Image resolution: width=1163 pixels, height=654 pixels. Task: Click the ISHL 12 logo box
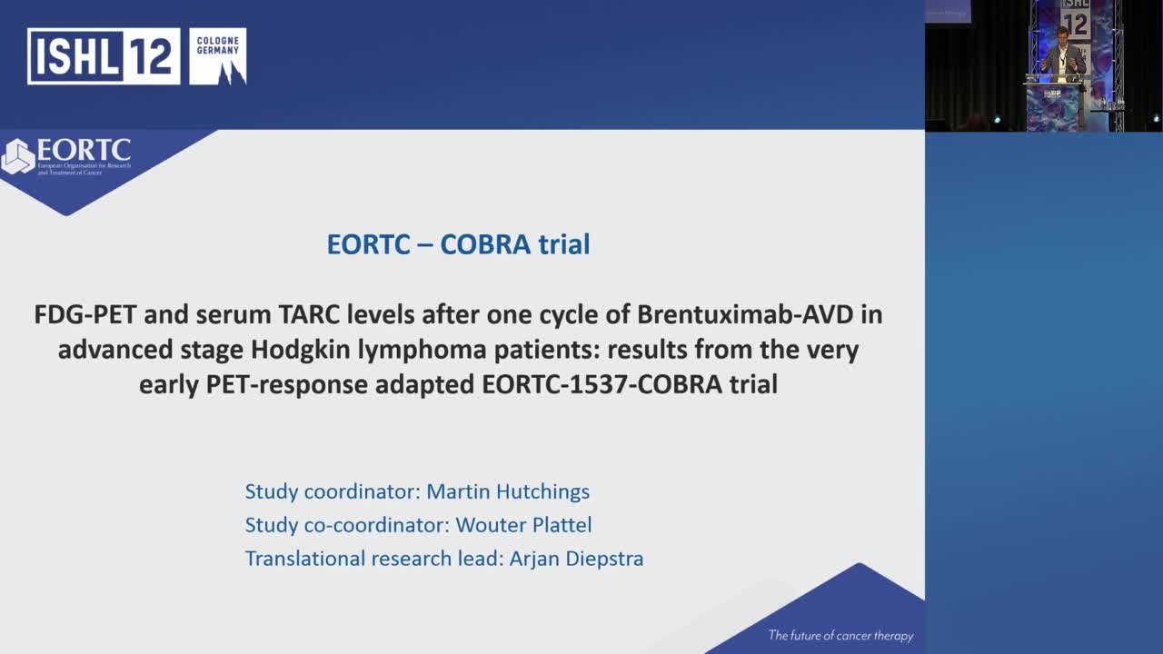pyautogui.click(x=103, y=56)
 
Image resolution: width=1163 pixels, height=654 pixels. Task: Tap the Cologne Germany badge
pyautogui.click(x=218, y=56)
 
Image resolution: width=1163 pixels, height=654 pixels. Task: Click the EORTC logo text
pyautogui.click(x=84, y=151)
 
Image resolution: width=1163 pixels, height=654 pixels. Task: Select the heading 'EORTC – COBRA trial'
pyautogui.click(x=458, y=244)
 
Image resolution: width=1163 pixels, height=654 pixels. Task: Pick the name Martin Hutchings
pyautogui.click(x=508, y=491)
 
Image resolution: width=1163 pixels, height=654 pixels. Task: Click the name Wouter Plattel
pyautogui.click(x=523, y=525)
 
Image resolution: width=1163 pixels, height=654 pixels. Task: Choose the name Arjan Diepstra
pyautogui.click(x=576, y=558)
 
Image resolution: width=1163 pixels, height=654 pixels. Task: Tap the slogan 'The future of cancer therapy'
pyautogui.click(x=840, y=636)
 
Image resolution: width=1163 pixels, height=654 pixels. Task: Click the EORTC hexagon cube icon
pyautogui.click(x=17, y=156)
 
